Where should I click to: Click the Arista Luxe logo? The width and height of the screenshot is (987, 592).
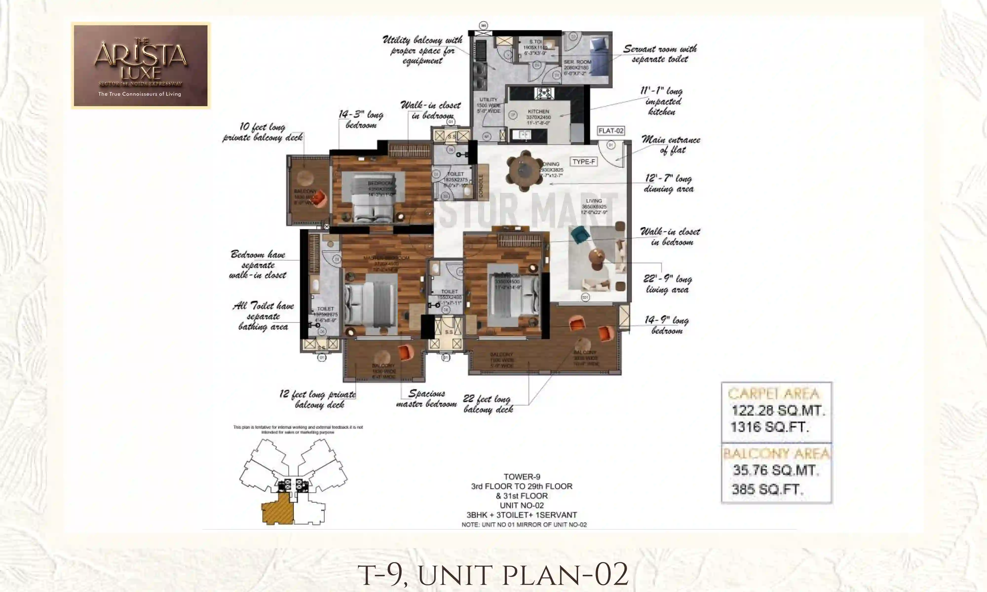coord(140,65)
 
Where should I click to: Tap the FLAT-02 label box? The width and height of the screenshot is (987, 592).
coord(610,131)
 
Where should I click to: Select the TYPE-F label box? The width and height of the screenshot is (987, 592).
coord(584,162)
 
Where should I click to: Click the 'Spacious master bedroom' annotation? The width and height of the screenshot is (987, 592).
coord(426,399)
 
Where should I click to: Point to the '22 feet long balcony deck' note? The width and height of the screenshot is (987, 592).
coord(488,404)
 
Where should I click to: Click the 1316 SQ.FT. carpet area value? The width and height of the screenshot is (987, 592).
coord(769,427)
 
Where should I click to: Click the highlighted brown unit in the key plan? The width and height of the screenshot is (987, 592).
coord(277,509)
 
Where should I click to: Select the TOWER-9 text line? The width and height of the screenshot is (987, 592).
coord(521,477)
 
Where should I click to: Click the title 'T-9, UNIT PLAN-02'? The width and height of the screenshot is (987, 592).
coord(493,574)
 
